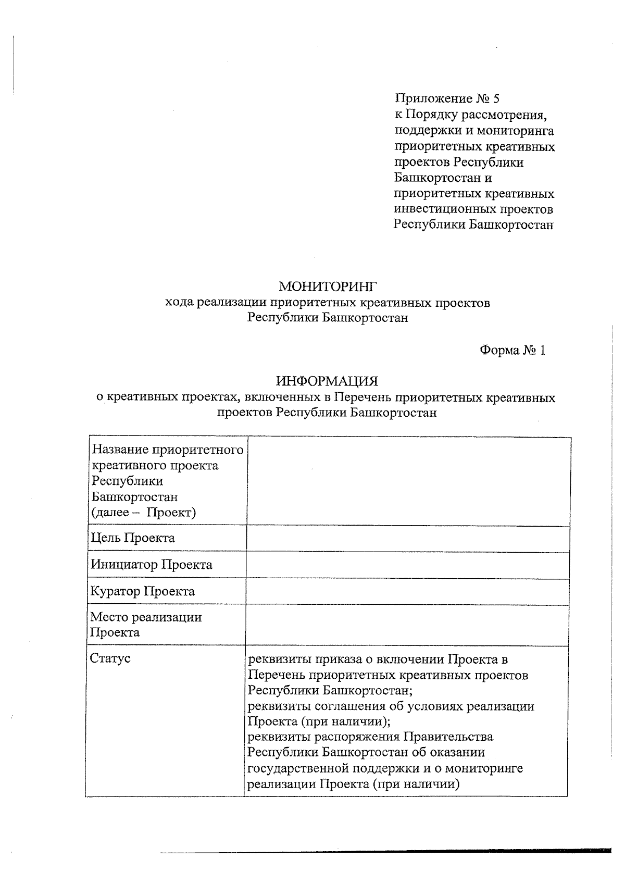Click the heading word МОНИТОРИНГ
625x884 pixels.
pos(327,287)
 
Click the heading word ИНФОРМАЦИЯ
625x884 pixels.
pos(327,381)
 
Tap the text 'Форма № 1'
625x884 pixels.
pos(512,350)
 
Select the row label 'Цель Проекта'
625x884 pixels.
pos(133,538)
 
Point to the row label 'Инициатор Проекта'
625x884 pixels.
pos(152,565)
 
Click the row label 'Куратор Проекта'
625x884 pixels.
pos(143,591)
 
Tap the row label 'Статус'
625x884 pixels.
pos(110,658)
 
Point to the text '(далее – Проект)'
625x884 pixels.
pos(144,513)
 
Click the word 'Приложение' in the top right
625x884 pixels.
pos(432,98)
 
